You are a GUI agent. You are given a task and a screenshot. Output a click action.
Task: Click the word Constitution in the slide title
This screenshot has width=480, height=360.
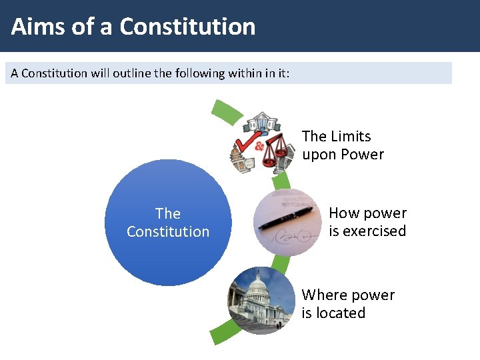pyautogui.click(x=187, y=27)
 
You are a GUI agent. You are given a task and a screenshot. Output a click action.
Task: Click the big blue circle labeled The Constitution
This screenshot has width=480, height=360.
pyautogui.click(x=168, y=223)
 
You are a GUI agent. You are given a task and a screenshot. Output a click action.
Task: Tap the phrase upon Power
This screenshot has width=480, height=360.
pyautogui.click(x=343, y=155)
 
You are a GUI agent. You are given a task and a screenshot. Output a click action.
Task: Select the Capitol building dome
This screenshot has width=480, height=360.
pyautogui.click(x=257, y=287)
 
